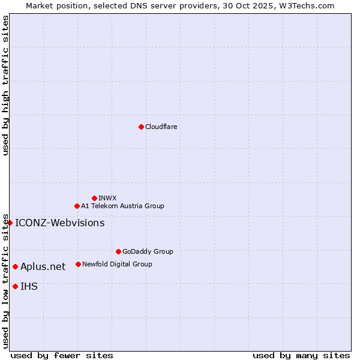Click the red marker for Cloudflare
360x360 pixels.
click(x=141, y=127)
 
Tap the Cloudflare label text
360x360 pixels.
click(x=161, y=127)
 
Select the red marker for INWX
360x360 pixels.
click(x=94, y=198)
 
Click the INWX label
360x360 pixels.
click(x=107, y=198)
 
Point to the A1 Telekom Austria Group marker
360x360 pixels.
click(x=77, y=206)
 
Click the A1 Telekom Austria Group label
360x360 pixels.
click(x=122, y=206)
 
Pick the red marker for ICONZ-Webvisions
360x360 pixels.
click(x=10, y=223)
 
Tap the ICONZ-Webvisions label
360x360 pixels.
click(x=59, y=223)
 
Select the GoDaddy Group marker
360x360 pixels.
click(x=118, y=251)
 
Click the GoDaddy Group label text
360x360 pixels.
click(x=148, y=251)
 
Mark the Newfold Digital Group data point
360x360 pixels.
click(x=78, y=264)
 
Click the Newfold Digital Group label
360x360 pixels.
click(x=117, y=264)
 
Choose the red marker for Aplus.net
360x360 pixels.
click(x=15, y=266)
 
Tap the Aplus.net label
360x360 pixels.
click(x=43, y=266)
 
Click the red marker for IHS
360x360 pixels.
click(x=15, y=286)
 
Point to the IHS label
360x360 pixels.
click(x=29, y=286)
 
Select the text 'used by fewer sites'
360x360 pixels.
click(x=62, y=355)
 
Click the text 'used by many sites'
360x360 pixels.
click(x=301, y=355)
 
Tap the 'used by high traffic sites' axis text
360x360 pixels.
click(x=5, y=85)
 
